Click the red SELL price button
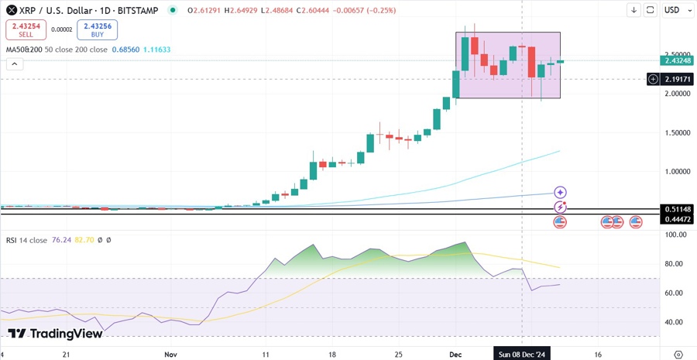(25, 30)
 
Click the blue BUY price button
(97, 30)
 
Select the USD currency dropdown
(671, 10)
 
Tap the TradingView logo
(55, 334)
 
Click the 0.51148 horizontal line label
(677, 209)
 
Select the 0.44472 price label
(677, 220)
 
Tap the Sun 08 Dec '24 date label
(522, 354)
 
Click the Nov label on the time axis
(172, 354)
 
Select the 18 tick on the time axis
(332, 354)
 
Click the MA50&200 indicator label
(23, 50)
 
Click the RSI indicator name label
(12, 240)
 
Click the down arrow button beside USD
(634, 10)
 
